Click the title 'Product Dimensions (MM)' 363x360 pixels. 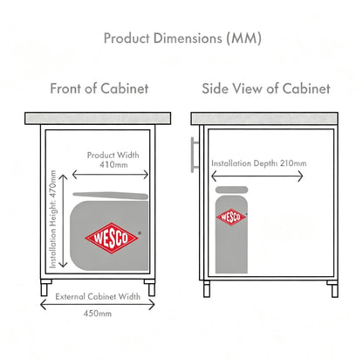click(x=182, y=38)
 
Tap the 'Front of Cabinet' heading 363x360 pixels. click(x=99, y=88)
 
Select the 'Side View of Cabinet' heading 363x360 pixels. click(x=266, y=88)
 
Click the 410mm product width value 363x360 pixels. click(x=113, y=165)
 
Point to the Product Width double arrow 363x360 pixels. click(x=110, y=175)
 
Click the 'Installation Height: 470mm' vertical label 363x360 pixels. click(x=52, y=219)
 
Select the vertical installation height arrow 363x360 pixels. click(x=63, y=221)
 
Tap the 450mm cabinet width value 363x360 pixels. click(x=98, y=314)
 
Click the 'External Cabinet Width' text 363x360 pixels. click(x=98, y=296)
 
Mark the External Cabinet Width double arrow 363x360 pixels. click(x=98, y=305)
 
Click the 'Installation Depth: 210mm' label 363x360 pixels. click(x=259, y=163)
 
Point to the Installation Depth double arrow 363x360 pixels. click(x=257, y=177)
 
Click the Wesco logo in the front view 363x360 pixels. click(x=112, y=238)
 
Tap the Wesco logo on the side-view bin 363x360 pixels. click(x=231, y=217)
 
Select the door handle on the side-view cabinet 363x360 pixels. click(x=195, y=155)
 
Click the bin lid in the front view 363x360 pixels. click(x=111, y=196)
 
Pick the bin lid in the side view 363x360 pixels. click(x=231, y=190)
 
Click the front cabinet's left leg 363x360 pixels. click(x=45, y=287)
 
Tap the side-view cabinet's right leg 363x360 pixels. click(x=333, y=289)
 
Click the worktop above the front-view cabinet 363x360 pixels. click(x=98, y=118)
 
